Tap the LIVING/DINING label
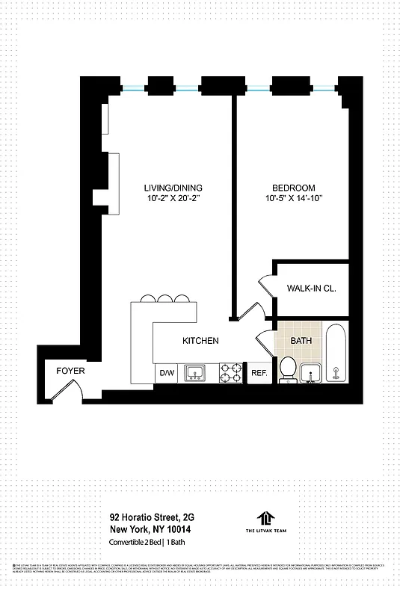[173, 188]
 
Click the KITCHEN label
[201, 341]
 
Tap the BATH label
[301, 341]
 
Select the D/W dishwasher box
[165, 372]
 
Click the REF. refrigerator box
[259, 372]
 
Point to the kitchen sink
[196, 372]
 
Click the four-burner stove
[231, 372]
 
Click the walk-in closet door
[266, 286]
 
